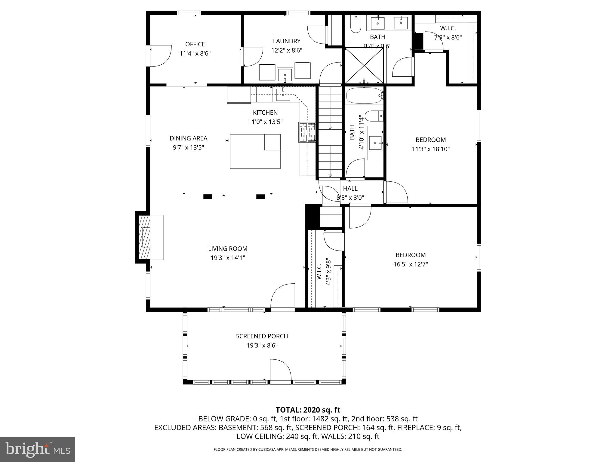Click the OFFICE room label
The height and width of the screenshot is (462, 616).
click(x=195, y=44)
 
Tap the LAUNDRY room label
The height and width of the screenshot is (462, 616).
click(x=287, y=41)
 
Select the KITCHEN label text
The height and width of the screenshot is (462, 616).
click(x=265, y=112)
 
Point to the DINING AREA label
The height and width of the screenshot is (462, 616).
click(x=189, y=138)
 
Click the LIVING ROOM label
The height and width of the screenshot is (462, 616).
click(x=228, y=249)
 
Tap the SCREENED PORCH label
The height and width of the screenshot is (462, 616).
click(x=262, y=336)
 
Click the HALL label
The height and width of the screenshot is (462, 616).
click(x=350, y=189)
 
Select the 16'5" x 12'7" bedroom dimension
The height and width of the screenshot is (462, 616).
click(x=411, y=264)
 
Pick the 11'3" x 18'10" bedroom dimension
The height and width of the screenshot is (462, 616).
click(x=431, y=149)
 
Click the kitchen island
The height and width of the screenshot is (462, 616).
click(x=255, y=151)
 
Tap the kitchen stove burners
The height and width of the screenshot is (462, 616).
click(x=307, y=132)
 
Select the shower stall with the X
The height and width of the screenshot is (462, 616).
click(x=364, y=66)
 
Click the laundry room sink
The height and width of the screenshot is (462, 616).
click(x=285, y=75)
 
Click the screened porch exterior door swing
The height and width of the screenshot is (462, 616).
click(x=281, y=370)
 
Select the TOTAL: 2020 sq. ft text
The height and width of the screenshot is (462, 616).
click(x=308, y=410)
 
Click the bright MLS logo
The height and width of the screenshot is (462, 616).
click(x=38, y=450)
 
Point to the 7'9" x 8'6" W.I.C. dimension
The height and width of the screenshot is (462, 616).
click(x=448, y=38)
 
